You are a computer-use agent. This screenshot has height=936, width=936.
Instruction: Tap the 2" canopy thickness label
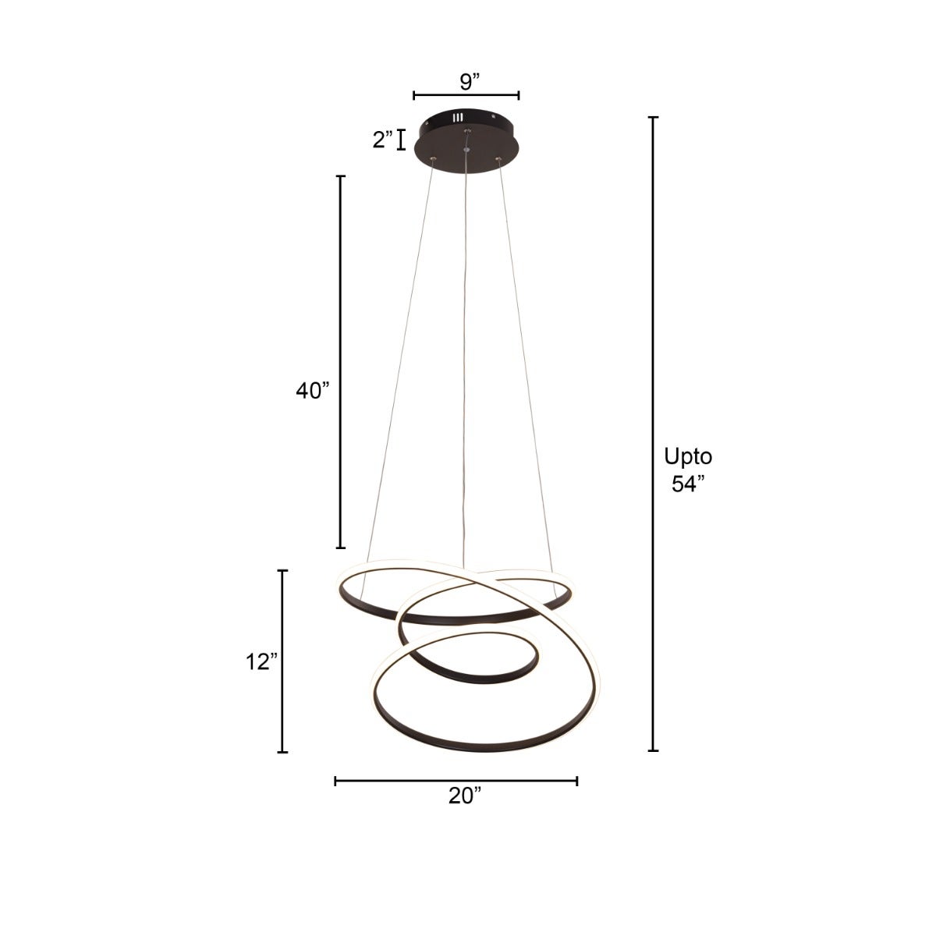382,140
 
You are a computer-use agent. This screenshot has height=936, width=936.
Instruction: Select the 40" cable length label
313,392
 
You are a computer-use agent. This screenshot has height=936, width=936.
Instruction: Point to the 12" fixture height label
261,662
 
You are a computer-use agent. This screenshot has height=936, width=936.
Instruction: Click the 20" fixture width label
465,796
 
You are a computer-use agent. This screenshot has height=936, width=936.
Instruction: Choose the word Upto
688,456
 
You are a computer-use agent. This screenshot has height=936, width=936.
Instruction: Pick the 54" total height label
688,484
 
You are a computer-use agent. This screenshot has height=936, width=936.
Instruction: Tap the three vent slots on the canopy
458,119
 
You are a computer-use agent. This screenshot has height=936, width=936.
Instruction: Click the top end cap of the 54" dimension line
654,118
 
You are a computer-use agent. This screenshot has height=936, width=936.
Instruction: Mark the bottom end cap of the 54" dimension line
654,751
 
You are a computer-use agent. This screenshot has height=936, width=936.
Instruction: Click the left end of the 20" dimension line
336,781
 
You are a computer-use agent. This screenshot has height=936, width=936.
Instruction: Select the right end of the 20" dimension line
576,781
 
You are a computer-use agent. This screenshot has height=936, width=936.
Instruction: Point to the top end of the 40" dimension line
341,177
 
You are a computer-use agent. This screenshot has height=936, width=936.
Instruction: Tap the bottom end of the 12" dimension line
283,752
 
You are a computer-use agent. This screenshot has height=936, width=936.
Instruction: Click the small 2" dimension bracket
402,140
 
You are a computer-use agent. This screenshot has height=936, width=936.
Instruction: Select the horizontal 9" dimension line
466,96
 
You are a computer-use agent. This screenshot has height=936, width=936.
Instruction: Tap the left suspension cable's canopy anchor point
432,160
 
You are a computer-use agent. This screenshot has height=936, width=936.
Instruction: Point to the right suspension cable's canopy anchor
499,160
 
